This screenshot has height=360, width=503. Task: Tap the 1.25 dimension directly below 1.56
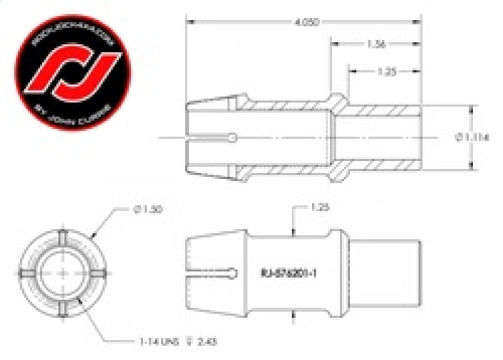[385, 72]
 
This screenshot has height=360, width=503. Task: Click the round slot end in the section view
[234, 137]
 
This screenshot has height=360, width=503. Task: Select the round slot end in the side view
[234, 273]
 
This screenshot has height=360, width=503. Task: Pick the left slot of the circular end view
[29, 273]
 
